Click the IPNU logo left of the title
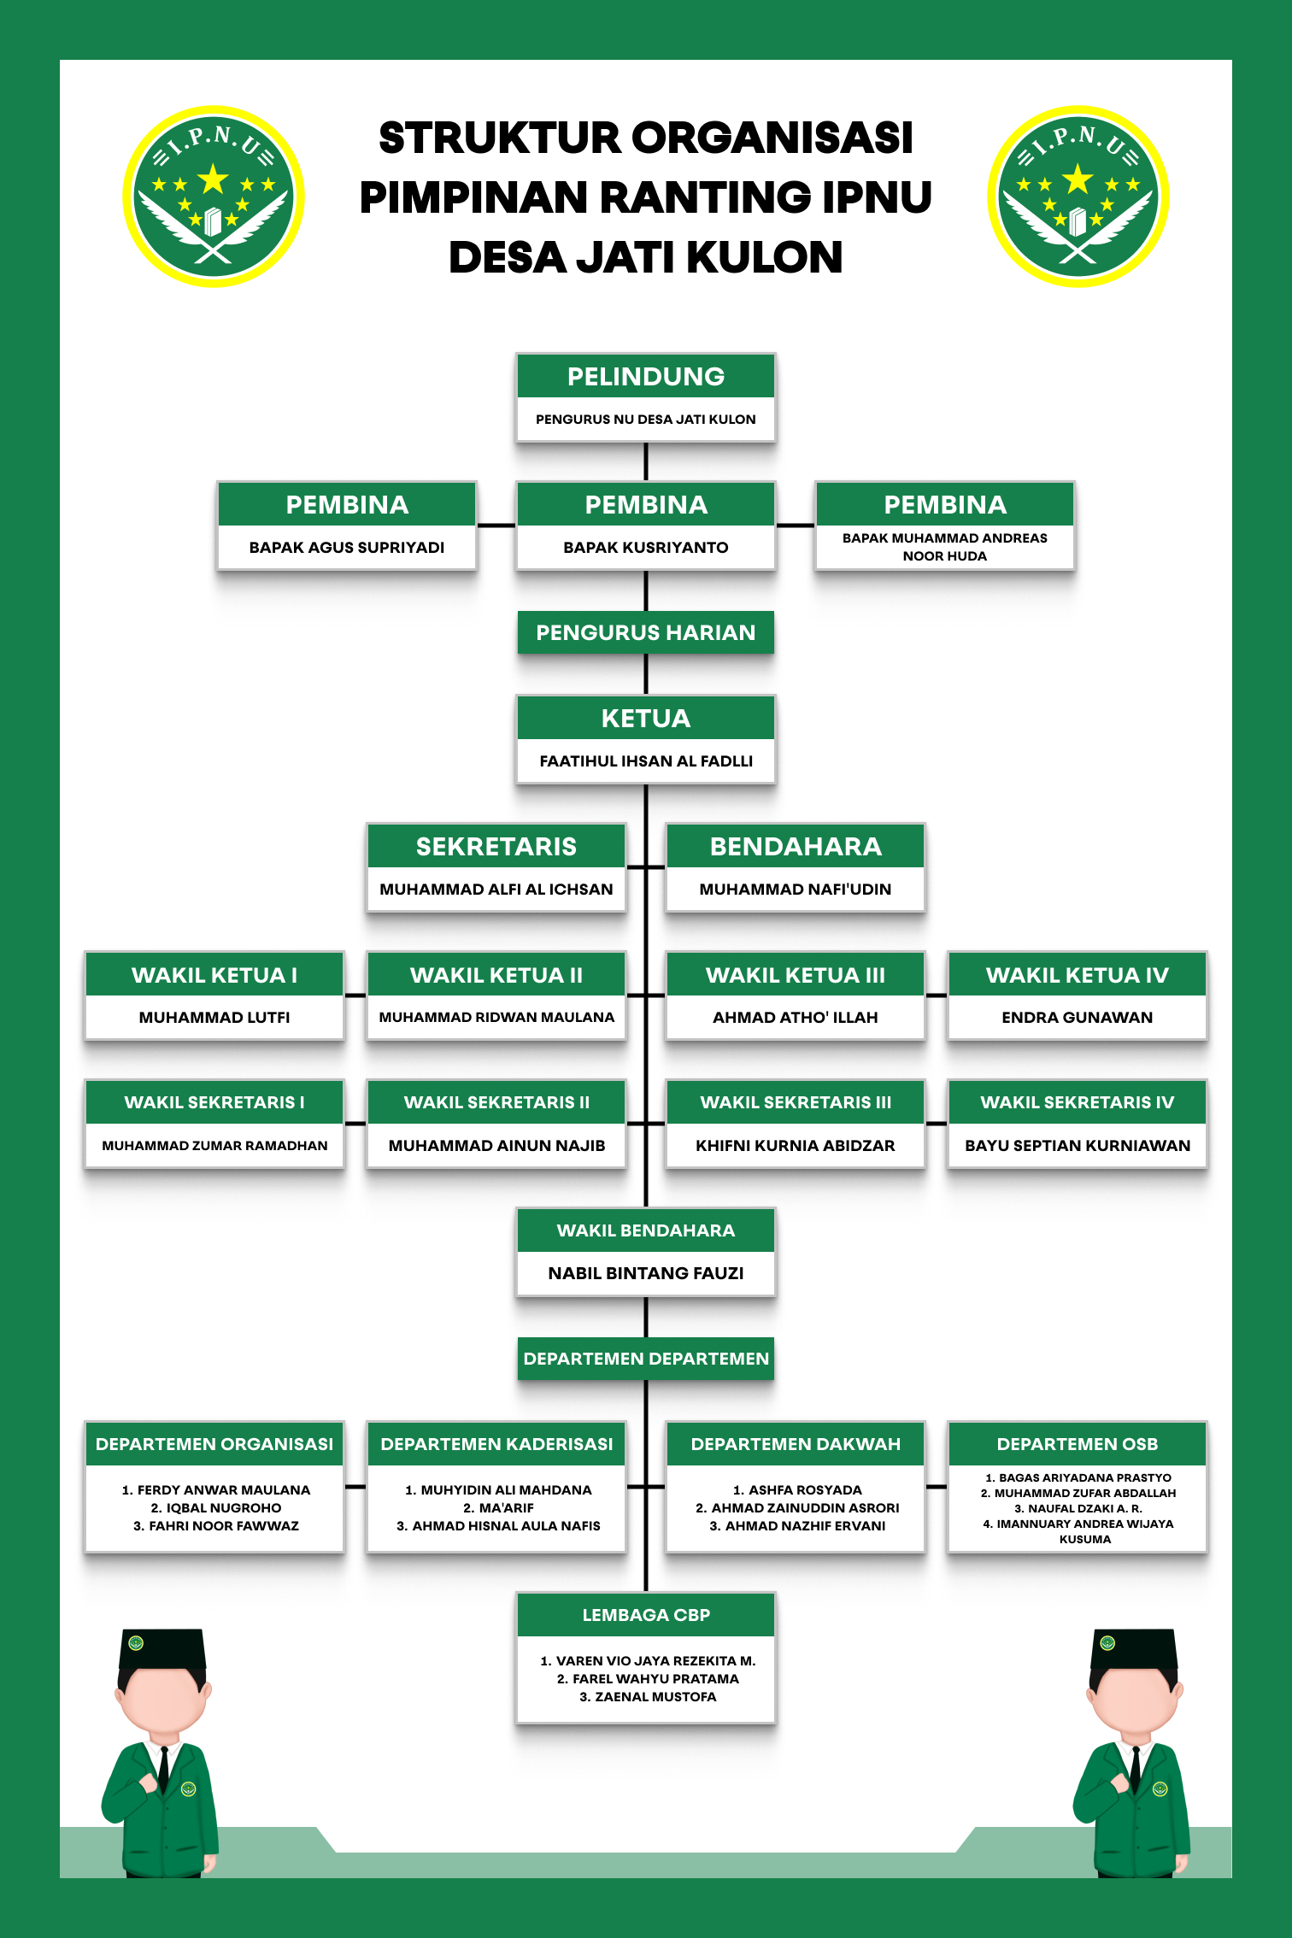[x=214, y=197]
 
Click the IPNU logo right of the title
[x=1078, y=197]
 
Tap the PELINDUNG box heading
[x=646, y=377]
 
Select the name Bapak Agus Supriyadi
[x=347, y=548]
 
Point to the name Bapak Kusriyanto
[x=646, y=548]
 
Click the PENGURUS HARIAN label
[x=646, y=633]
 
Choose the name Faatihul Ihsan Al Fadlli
[x=646, y=761]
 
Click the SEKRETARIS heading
[x=496, y=847]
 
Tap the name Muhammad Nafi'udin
[x=796, y=890]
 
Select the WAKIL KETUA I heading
[x=214, y=975]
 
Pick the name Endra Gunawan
[x=1078, y=1018]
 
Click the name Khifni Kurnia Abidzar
[x=796, y=1146]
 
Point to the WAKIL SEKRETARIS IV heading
[x=1078, y=1103]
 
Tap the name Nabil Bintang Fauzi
[x=646, y=1274]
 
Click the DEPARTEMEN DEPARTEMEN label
[x=646, y=1360]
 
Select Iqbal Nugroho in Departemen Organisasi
[x=216, y=1508]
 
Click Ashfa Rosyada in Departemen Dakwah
[x=797, y=1490]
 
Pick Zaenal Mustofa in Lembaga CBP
[x=648, y=1697]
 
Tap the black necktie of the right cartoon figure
[x=1135, y=1769]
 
